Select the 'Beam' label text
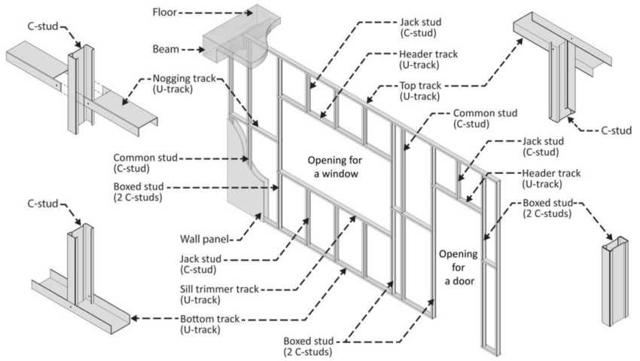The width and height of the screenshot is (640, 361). pyautogui.click(x=165, y=49)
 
